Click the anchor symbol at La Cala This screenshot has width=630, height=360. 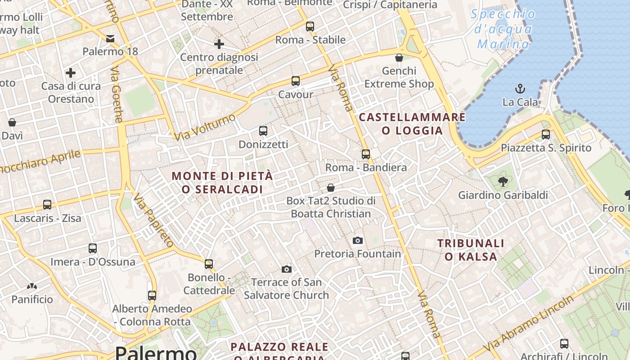[520, 88]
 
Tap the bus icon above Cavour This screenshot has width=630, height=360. [295, 81]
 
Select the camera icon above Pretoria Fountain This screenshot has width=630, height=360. [358, 240]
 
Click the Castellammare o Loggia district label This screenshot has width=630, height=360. [412, 124]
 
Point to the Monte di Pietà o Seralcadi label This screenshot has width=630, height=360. [222, 182]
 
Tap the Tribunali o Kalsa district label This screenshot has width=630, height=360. [471, 250]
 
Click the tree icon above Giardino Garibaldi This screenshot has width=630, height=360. [503, 182]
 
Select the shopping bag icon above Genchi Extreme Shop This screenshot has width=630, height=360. [399, 58]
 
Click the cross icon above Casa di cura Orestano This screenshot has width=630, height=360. [71, 72]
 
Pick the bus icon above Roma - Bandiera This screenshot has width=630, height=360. [366, 154]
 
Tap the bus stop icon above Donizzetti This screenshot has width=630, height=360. [263, 131]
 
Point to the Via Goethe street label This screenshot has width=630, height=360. [116, 95]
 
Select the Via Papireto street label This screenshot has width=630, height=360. [153, 220]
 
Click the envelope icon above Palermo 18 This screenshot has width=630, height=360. [110, 39]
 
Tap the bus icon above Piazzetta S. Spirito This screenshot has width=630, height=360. [546, 134]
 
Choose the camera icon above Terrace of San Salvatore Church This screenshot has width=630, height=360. [286, 269]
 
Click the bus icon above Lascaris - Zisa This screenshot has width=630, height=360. [47, 205]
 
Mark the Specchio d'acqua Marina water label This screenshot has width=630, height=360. [503, 29]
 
